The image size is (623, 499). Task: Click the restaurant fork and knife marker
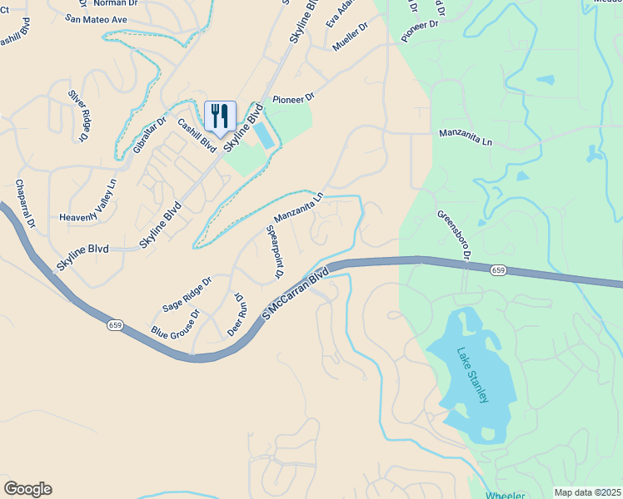220,115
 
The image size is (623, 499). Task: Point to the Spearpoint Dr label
273,251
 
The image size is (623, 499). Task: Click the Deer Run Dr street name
237,314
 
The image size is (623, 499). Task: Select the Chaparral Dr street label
23,205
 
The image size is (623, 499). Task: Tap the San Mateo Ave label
96,18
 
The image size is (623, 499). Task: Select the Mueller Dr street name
350,37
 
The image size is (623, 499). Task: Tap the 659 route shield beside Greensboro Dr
498,270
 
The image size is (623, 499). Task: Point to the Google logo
27,489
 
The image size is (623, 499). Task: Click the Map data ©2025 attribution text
587,492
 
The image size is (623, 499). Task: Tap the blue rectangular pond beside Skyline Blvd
262,136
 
